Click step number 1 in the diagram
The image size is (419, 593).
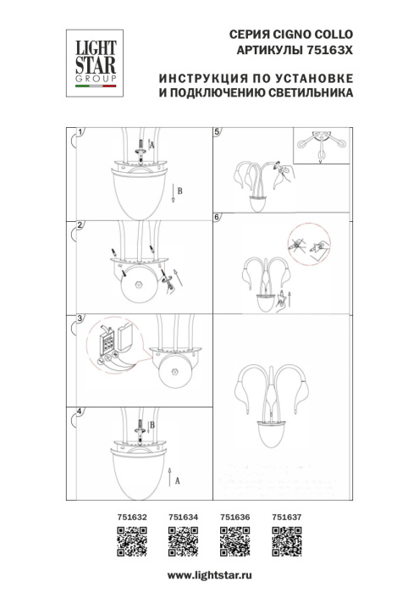click(x=80, y=133)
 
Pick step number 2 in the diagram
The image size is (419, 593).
click(x=80, y=225)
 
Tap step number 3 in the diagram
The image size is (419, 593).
click(x=80, y=319)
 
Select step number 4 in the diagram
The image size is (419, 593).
click(x=80, y=412)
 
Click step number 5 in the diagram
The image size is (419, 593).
click(x=218, y=133)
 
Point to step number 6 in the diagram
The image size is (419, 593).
click(x=218, y=217)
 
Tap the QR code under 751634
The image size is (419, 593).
click(x=182, y=539)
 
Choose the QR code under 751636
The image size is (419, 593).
click(x=234, y=539)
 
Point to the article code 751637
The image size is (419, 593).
click(x=285, y=513)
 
